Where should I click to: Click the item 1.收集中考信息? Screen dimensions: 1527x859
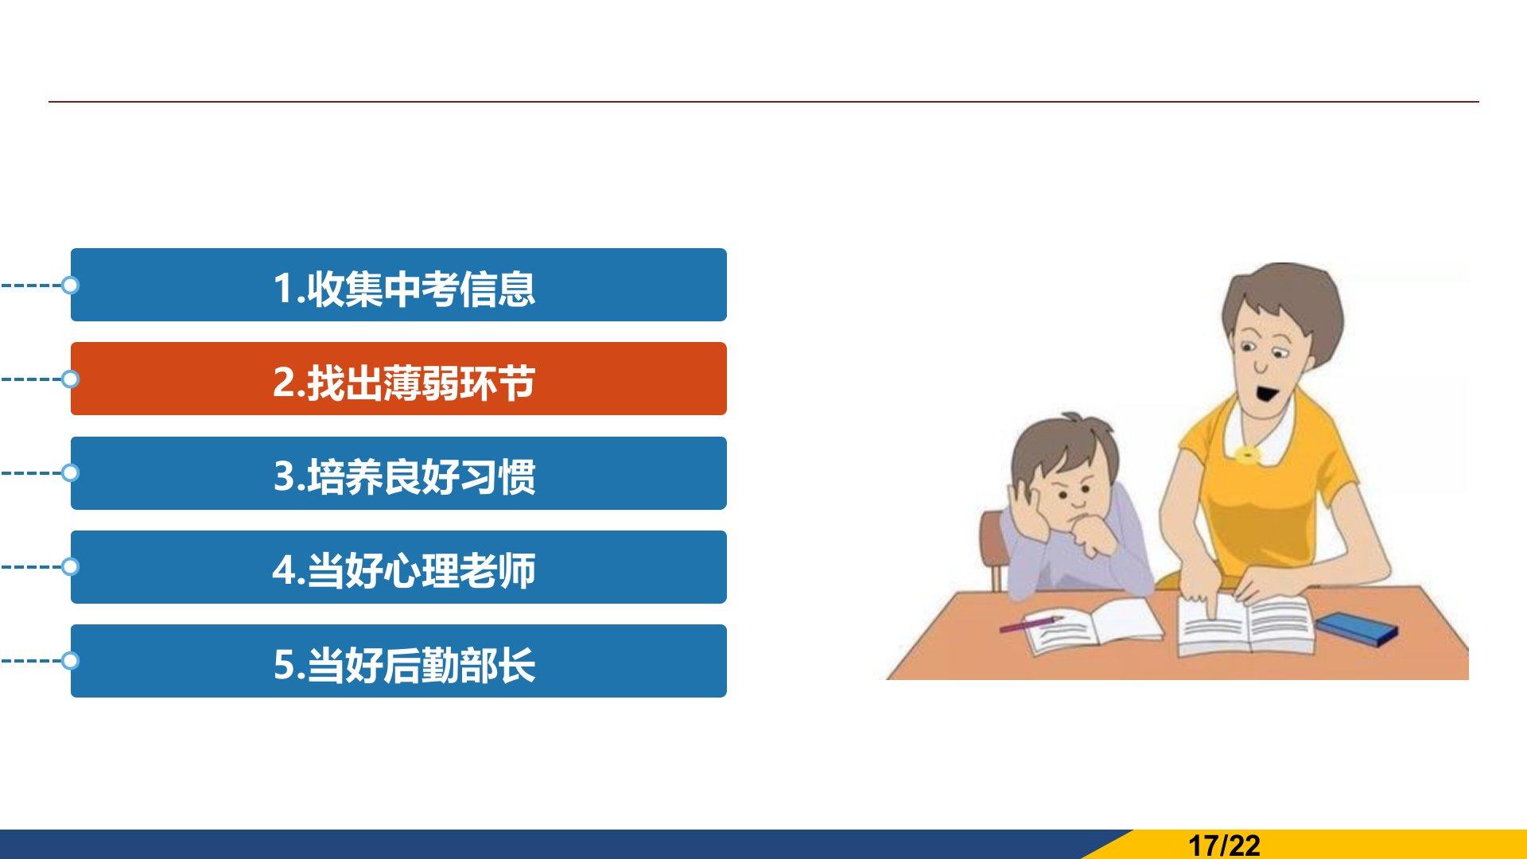click(x=398, y=285)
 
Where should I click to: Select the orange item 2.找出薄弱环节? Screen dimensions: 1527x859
click(x=398, y=379)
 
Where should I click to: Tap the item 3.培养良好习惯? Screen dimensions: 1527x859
click(x=398, y=473)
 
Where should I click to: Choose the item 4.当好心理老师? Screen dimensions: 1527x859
click(x=398, y=567)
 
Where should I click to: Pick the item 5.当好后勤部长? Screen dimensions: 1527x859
click(x=398, y=661)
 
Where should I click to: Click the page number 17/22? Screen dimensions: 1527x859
click(x=1224, y=845)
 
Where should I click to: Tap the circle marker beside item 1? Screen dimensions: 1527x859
click(x=70, y=285)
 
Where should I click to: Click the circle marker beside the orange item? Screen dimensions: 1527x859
click(x=70, y=379)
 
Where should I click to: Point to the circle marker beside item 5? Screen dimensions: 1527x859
click(x=70, y=661)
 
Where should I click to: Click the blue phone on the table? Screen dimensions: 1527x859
click(x=1356, y=628)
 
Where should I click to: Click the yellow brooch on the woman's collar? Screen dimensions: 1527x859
click(x=1247, y=454)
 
